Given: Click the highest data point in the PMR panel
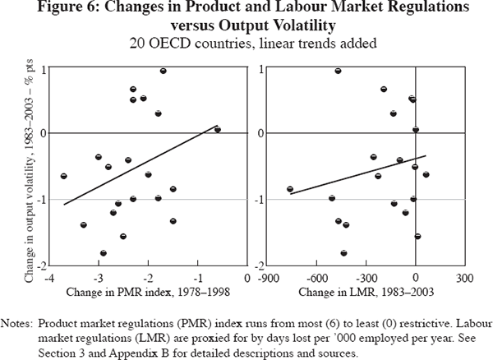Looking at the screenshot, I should click(164, 71).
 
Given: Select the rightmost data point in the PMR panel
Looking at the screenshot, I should click(217, 129).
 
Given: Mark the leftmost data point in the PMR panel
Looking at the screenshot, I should click(63, 176).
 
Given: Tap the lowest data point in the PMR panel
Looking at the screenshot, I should click(104, 253).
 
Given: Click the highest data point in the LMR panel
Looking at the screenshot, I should click(338, 71).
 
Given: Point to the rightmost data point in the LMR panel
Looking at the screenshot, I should click(426, 174).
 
